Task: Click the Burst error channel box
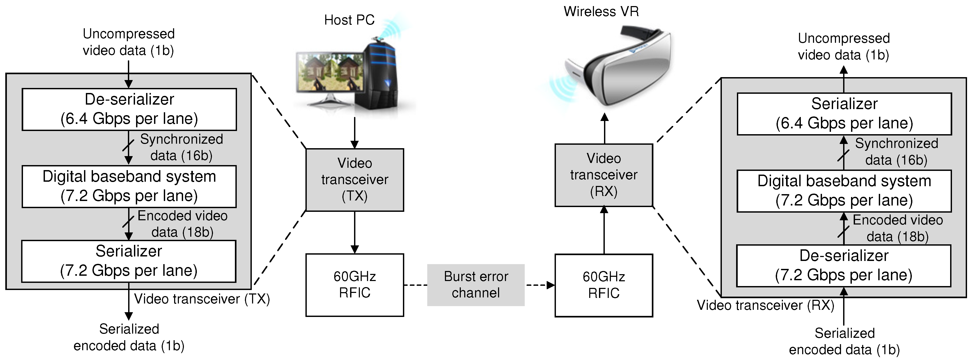[476, 285]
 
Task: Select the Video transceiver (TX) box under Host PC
[355, 180]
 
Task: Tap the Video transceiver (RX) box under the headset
[604, 175]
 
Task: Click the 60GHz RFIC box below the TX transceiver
[355, 285]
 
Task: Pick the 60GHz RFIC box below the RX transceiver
[604, 285]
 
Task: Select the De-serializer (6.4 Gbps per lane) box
[129, 109]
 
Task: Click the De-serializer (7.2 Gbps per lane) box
[844, 266]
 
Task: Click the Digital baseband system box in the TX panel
[129, 186]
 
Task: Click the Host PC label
[349, 20]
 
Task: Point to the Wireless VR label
[601, 11]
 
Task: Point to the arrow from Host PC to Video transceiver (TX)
[354, 133]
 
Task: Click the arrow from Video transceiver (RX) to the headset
[605, 128]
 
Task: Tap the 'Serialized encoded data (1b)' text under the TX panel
[129, 337]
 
